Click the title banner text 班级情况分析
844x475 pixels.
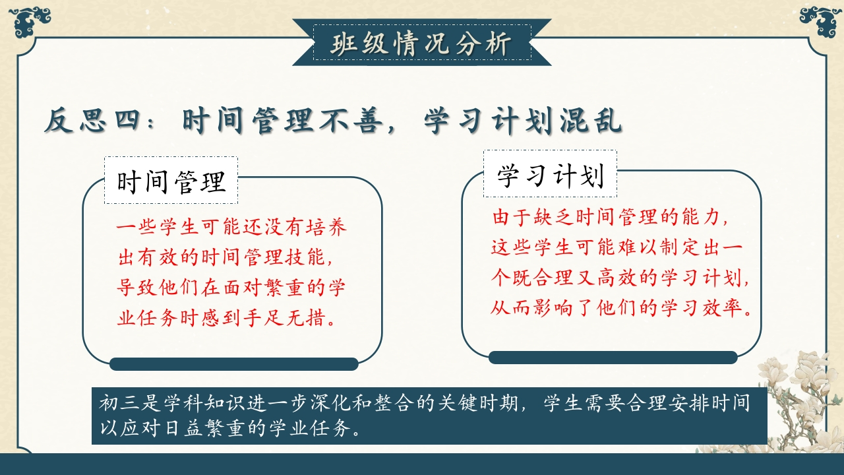tap(421, 44)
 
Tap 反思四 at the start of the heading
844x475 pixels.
tap(92, 121)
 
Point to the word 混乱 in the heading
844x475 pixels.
tap(590, 121)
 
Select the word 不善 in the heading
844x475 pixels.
tap(351, 121)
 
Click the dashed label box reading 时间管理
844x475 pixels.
tap(171, 180)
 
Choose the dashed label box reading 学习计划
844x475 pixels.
tap(550, 174)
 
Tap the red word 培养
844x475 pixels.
tap(326, 227)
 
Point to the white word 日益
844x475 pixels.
tap(183, 428)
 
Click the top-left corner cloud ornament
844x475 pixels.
tap(30, 21)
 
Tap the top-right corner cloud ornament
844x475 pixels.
tap(820, 21)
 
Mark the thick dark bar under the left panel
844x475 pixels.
tap(234, 364)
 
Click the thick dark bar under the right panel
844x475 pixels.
tap(613, 358)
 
